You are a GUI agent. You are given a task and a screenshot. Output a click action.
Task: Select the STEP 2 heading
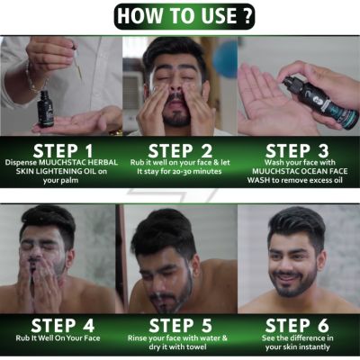180,149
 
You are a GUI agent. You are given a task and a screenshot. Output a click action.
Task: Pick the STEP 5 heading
180,325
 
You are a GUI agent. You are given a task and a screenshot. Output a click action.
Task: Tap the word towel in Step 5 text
206,352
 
